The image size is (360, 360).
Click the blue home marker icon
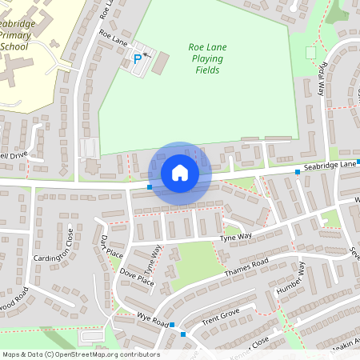[x=180, y=173]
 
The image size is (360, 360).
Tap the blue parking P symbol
[x=138, y=58]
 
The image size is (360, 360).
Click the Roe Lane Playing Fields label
[x=207, y=59]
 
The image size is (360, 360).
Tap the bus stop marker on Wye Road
[x=173, y=325]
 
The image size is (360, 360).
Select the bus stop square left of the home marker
[x=150, y=187]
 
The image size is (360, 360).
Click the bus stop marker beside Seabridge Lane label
[x=298, y=172]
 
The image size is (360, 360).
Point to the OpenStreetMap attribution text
[x=80, y=354]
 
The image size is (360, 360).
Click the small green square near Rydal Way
[x=310, y=52]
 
